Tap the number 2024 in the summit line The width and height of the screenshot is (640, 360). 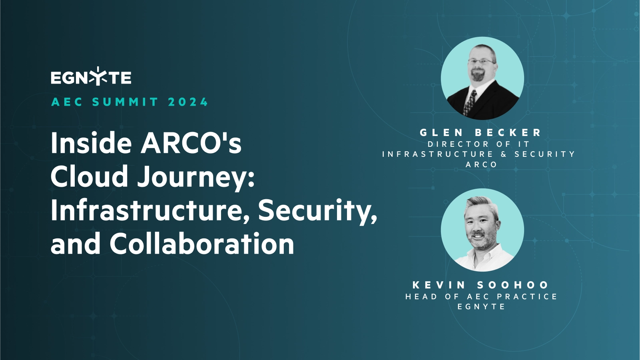click(x=188, y=102)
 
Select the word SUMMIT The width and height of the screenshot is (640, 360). click(x=125, y=102)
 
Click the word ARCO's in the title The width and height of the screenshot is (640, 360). click(x=191, y=143)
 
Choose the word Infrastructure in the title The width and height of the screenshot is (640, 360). click(x=150, y=210)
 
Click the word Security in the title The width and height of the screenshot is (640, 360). click(x=317, y=210)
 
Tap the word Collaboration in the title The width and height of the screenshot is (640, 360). click(x=202, y=244)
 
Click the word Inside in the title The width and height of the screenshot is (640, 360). click(x=91, y=143)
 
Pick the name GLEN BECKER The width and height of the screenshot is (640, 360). click(x=481, y=132)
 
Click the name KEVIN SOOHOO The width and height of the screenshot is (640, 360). click(x=481, y=285)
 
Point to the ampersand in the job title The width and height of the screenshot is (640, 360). click(x=504, y=154)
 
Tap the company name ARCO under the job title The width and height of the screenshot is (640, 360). click(x=481, y=164)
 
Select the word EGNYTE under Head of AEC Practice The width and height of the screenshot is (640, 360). click(x=481, y=307)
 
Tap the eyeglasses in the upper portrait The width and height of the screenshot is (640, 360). click(x=481, y=62)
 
